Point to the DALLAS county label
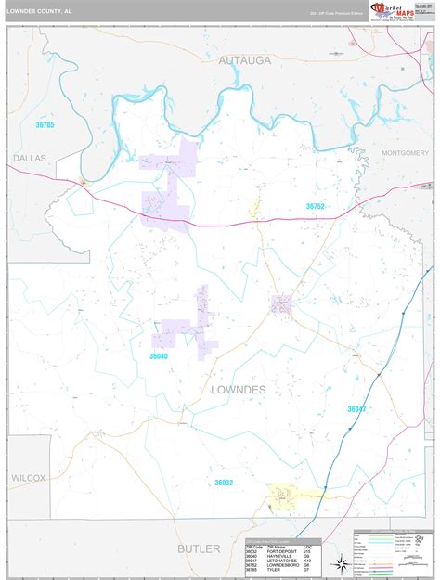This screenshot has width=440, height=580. click(x=30, y=159)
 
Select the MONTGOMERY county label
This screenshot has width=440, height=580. click(x=406, y=152)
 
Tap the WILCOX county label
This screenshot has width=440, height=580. click(x=29, y=477)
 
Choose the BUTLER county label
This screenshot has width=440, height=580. click(x=201, y=548)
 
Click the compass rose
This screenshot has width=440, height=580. click(x=343, y=564)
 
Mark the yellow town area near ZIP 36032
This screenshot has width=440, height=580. click(x=286, y=501)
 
